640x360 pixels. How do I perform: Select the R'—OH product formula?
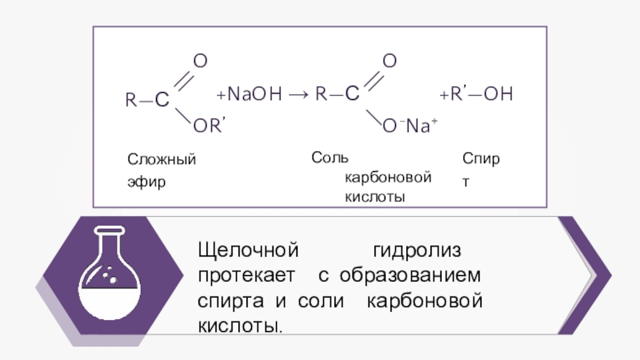point(479,95)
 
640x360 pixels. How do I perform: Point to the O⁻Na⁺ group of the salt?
point(408,126)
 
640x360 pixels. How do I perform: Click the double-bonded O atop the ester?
point(201,62)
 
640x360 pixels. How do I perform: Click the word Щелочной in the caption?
point(248,250)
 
